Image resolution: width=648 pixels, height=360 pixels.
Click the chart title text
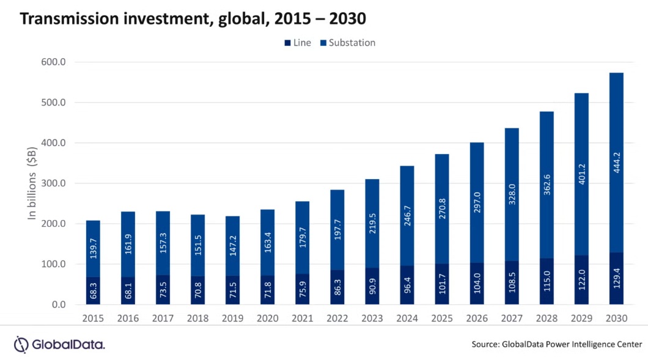(x=193, y=18)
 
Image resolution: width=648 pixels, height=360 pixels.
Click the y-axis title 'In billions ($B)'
(x=32, y=183)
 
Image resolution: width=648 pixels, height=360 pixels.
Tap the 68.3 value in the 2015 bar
(x=94, y=291)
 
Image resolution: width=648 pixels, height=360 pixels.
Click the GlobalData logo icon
(x=21, y=344)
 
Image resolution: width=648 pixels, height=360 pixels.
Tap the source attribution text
(x=557, y=345)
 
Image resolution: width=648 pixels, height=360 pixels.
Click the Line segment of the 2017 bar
(x=163, y=290)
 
